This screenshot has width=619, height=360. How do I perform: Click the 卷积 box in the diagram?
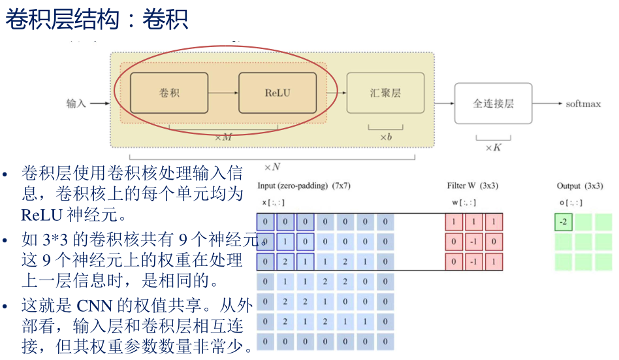(169, 93)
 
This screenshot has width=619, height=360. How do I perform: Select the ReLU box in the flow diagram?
(278, 93)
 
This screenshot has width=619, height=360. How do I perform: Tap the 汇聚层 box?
(385, 93)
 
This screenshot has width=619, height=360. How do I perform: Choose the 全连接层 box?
(493, 103)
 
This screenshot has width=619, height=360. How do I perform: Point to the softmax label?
(583, 104)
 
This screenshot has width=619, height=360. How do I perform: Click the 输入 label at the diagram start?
(76, 103)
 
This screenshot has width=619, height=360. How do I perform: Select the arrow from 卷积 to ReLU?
(223, 93)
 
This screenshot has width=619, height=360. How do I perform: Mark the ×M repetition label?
(223, 137)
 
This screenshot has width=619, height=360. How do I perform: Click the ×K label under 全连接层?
(493, 148)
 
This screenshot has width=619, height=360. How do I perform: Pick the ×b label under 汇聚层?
(385, 137)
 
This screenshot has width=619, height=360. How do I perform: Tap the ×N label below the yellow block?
(272, 167)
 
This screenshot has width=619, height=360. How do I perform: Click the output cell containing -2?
(563, 223)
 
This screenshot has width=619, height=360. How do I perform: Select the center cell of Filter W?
(474, 242)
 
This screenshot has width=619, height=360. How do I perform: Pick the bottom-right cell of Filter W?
(494, 263)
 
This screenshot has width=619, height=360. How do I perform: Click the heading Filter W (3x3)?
(473, 186)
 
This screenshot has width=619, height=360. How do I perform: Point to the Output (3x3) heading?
(579, 186)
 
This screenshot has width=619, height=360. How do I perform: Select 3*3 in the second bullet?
(56, 240)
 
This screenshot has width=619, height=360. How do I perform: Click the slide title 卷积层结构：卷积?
(97, 20)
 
